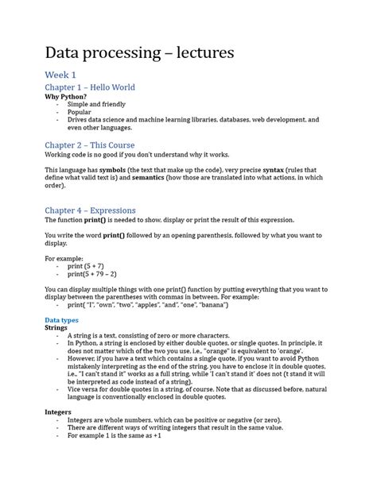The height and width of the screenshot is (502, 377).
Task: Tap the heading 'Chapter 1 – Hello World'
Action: [x=89, y=87]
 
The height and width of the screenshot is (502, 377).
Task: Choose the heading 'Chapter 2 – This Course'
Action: [x=89, y=145]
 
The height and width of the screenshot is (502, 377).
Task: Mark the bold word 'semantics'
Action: [x=136, y=179]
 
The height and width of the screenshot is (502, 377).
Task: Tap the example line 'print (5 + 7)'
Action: [x=93, y=266]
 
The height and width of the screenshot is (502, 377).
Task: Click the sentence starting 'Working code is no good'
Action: [x=157, y=156]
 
